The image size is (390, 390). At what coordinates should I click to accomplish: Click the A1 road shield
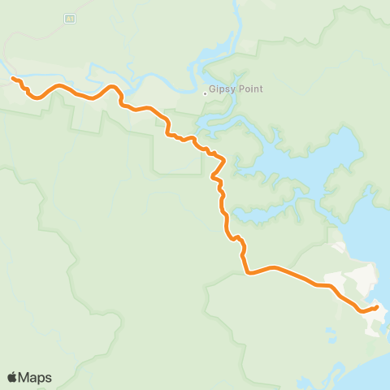pos(70,16)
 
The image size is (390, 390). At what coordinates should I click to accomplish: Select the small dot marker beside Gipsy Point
pos(204,93)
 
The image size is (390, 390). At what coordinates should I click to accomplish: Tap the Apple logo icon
pos(12,377)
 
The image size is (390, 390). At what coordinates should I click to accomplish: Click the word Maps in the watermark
pos(35,377)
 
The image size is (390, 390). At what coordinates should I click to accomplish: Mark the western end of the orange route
pos(13,78)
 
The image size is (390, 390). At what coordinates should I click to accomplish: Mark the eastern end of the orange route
pos(377,307)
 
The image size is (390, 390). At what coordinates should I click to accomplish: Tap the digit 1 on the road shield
pos(72,16)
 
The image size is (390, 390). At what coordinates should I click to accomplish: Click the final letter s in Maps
pos(48,377)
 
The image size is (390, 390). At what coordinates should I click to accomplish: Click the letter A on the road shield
pos(68,16)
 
